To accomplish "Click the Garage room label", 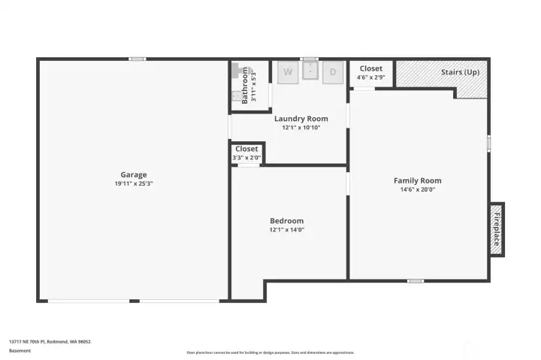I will click(134, 174).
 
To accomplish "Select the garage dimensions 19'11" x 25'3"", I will click(134, 183).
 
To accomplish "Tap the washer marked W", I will click(287, 73).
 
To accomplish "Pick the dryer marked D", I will click(333, 73).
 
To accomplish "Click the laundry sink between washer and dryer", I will click(310, 73).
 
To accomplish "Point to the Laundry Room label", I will click(301, 119).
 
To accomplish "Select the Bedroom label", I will click(286, 221).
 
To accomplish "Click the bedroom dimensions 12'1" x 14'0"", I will click(286, 230).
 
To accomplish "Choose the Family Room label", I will click(417, 180).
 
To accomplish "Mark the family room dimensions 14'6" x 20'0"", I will click(417, 189).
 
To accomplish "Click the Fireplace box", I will click(496, 229).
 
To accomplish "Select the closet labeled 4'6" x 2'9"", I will click(370, 73).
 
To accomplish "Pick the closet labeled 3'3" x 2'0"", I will click(246, 153).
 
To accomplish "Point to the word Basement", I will click(20, 350).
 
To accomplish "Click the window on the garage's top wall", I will click(137, 59).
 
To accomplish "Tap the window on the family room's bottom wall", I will click(415, 281).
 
